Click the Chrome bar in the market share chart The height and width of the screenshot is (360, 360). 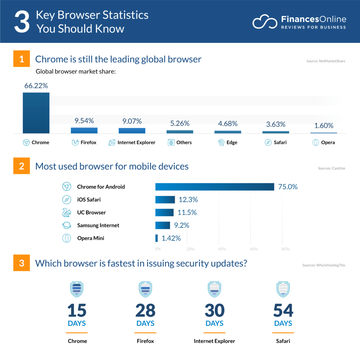36,113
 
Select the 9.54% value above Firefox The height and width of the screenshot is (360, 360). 84,121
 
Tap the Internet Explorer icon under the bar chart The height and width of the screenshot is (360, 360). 112,143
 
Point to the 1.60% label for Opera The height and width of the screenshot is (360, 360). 323,126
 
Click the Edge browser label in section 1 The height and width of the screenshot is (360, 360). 232,142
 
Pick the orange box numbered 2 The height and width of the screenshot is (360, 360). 22,166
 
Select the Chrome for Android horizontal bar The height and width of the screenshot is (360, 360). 214,187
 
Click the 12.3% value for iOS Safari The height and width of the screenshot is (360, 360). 188,200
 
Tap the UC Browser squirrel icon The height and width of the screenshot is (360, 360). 66,212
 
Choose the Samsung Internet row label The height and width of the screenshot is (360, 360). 98,225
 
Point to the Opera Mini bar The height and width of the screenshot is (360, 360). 156,238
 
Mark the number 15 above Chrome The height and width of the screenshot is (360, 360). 77,310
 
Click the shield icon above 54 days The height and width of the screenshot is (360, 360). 283,289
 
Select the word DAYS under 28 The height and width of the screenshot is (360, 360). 146,323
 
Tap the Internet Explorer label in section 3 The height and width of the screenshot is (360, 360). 214,341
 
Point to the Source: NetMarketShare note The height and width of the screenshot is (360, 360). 326,61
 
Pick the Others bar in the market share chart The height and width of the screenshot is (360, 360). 180,131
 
